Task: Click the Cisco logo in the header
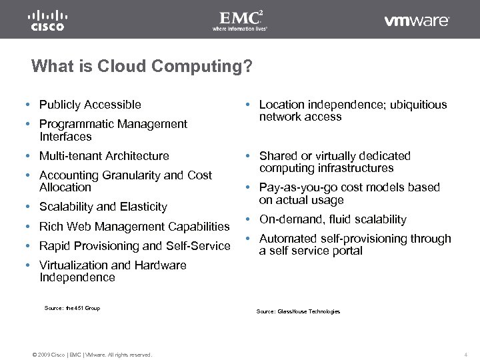47,20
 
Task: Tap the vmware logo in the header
417,21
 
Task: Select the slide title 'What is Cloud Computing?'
142,67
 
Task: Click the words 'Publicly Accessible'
90,105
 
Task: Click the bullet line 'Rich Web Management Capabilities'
134,227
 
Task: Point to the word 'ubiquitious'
418,105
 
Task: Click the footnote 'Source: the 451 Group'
72,308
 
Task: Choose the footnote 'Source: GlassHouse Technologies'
298,311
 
